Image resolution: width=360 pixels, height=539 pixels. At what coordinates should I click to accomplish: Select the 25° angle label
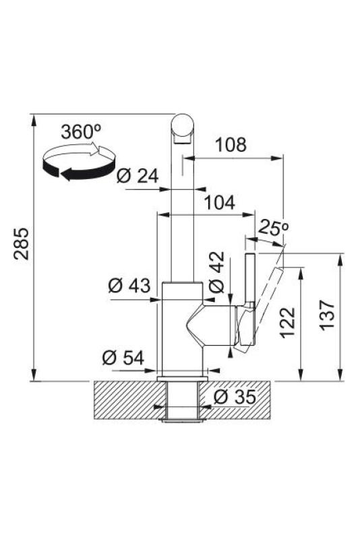272,228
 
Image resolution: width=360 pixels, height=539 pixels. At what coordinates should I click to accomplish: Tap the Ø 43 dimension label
129,286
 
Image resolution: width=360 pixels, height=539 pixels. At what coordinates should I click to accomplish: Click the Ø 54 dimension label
123,358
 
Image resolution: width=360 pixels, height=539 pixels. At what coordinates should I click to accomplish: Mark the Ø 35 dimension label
235,398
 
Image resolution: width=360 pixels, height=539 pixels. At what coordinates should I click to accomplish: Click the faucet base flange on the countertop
182,377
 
